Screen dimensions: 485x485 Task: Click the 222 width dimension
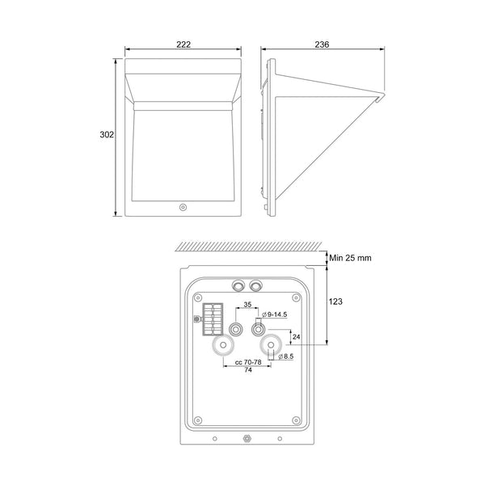[x=183, y=44]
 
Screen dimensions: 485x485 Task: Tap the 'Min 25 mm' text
[x=350, y=258]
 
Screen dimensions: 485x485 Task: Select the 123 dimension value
[x=335, y=302]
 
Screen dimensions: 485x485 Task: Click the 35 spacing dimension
[x=247, y=305]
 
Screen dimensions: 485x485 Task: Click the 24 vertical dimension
[x=296, y=336]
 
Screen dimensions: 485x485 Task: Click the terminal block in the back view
[x=213, y=319]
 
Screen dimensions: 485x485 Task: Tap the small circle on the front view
[x=183, y=208]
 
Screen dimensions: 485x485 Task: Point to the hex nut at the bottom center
[x=246, y=440]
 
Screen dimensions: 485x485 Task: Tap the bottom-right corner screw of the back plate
[x=296, y=420]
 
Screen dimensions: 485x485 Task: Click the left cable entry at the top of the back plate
[x=238, y=285]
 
